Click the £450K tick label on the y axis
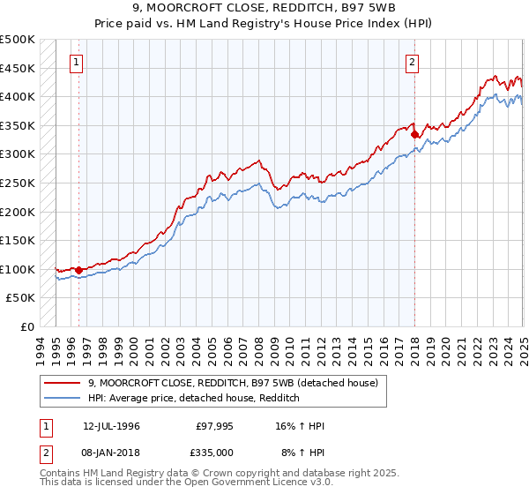pos(18,68)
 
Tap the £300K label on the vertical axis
pos(18,154)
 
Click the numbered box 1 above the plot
pos(78,62)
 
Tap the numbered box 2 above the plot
pos(413,62)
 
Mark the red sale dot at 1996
pos(78,270)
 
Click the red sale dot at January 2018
pos(414,134)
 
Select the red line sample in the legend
pos(62,383)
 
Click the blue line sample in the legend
pos(62,398)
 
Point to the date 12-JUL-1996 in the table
pos(111,426)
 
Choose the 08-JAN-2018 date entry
pos(111,452)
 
